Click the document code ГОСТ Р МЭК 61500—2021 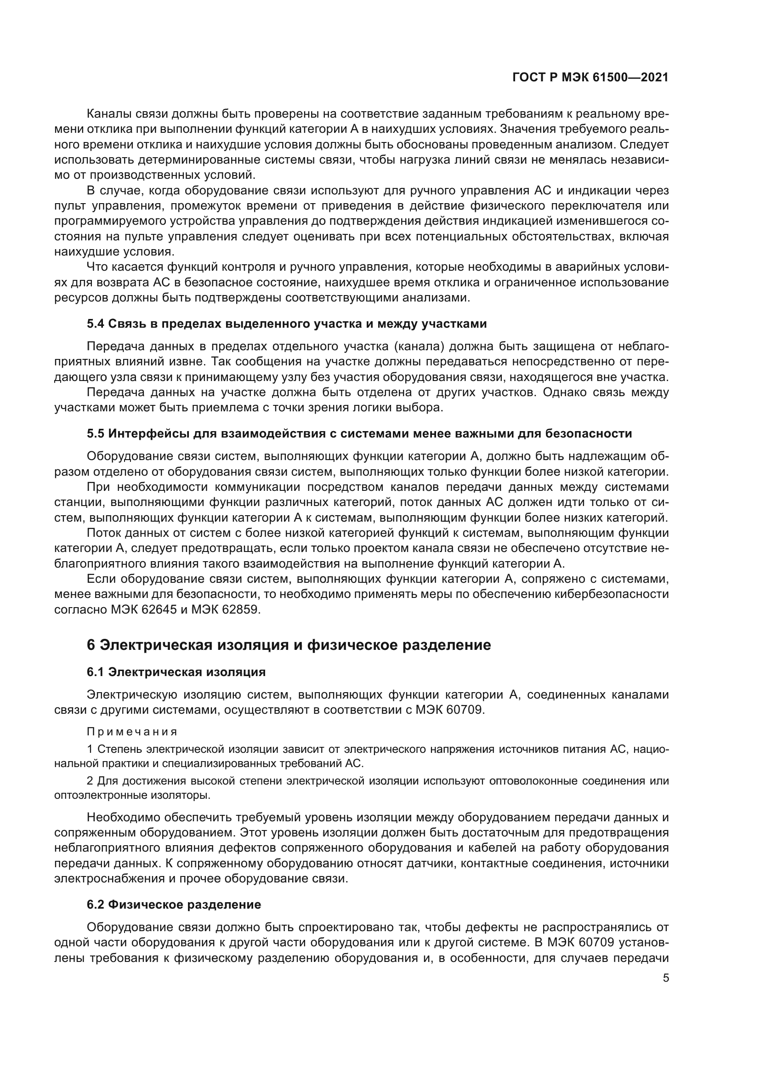(x=590, y=78)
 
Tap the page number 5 (x=666, y=978)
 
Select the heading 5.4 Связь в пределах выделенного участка (x=286, y=324)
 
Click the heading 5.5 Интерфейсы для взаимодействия (x=359, y=433)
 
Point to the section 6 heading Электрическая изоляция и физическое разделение (x=289, y=645)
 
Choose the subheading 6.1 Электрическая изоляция (x=176, y=672)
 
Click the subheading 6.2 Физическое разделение (x=174, y=904)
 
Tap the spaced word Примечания (x=132, y=731)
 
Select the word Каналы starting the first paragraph (x=108, y=114)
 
